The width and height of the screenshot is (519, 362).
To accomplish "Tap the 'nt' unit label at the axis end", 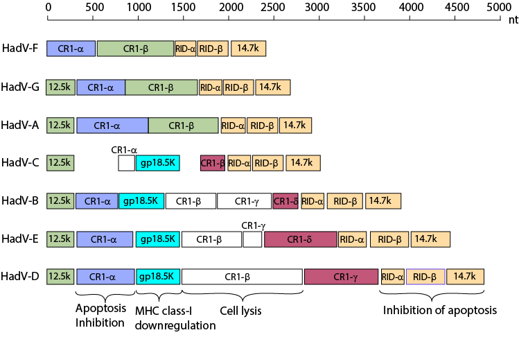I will [x=513, y=21].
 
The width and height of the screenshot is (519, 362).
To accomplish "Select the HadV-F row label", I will [x=19, y=49].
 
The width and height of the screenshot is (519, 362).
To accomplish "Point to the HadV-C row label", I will [x=19, y=163].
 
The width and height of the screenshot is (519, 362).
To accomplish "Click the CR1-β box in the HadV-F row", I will [x=135, y=49].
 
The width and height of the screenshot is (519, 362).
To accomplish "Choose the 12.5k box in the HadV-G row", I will [x=60, y=87].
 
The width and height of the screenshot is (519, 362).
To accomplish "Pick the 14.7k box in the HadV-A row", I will [x=294, y=125].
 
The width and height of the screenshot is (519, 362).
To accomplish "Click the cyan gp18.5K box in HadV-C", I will [x=159, y=163].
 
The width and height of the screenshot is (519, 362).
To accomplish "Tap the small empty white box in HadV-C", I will [x=126, y=163].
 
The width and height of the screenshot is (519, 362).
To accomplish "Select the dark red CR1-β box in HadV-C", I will [x=213, y=163].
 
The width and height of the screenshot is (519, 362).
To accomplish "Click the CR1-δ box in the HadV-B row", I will [x=285, y=201].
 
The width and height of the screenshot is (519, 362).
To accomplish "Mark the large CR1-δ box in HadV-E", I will [x=300, y=239].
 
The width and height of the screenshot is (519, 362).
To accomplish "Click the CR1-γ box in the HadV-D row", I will [x=342, y=277].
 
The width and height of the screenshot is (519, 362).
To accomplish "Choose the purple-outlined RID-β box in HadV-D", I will [x=425, y=277].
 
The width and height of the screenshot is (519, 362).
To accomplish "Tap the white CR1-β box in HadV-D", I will [x=242, y=277].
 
